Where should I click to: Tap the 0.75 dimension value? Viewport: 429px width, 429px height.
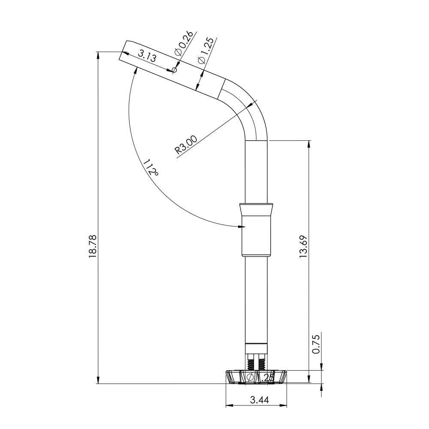pos(316,344)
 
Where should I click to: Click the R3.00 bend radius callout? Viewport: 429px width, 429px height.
pos(186,145)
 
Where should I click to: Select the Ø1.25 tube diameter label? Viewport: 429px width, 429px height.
pos(206,51)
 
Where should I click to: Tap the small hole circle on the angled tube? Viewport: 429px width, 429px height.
pos(174,70)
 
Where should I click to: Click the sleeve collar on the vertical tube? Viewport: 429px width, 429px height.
pos(257,230)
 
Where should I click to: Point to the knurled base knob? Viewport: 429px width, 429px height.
pos(257,377)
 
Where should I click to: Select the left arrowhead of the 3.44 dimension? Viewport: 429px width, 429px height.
pos(228,405)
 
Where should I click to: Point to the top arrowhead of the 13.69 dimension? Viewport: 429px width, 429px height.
pos(309,143)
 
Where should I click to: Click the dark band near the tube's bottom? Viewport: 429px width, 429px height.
pos(257,344)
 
